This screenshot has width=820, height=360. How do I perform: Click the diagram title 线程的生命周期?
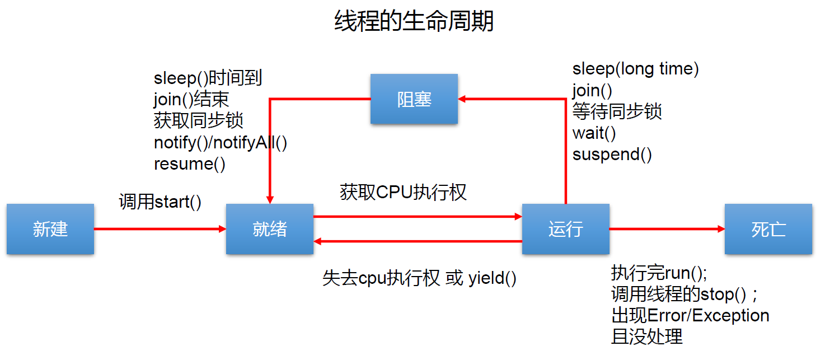(414, 21)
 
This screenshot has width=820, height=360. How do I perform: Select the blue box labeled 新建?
(50, 229)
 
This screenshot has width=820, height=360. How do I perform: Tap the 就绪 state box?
(270, 229)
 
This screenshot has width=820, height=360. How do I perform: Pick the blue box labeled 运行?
(565, 229)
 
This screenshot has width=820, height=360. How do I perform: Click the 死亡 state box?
(769, 229)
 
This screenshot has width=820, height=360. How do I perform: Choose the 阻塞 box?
(414, 99)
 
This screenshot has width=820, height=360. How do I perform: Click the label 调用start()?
(160, 202)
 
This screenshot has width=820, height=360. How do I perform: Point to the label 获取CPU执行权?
(403, 192)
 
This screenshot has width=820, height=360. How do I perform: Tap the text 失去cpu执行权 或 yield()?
(419, 278)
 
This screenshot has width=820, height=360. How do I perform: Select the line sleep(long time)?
(635, 69)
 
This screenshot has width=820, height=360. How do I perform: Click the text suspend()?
(612, 155)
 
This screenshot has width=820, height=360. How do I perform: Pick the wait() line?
(594, 133)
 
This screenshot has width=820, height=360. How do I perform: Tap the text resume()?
(189, 164)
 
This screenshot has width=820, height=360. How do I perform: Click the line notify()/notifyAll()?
(221, 143)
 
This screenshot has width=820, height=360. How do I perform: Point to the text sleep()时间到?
(208, 78)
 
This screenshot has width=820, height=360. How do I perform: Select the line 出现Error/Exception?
(690, 315)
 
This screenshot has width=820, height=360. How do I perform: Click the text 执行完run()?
(659, 273)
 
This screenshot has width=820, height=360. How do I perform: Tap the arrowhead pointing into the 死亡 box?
(721, 229)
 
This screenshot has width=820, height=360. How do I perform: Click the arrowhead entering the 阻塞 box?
(462, 99)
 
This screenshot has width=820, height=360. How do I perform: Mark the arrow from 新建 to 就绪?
(160, 229)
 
